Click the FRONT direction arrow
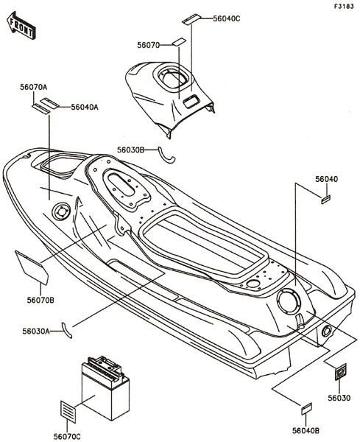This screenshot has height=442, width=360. click(x=21, y=25)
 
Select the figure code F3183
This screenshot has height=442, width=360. click(x=344, y=7)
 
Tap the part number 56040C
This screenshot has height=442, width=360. click(x=227, y=18)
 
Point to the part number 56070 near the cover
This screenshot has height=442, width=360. click(x=149, y=45)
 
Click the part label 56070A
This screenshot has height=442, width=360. click(x=34, y=87)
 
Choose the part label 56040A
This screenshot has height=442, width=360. click(x=85, y=107)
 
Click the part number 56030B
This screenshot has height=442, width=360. click(x=131, y=150)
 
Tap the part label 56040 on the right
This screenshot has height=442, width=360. click(x=326, y=179)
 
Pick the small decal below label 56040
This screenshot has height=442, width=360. click(x=325, y=200)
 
